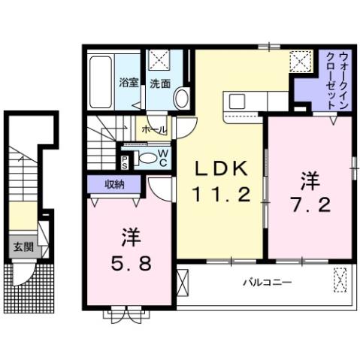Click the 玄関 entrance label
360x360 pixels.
[x=18, y=247]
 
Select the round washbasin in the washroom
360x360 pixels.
[x=181, y=98]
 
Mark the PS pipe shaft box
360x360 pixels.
[x=125, y=159]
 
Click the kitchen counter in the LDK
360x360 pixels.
[x=256, y=100]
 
